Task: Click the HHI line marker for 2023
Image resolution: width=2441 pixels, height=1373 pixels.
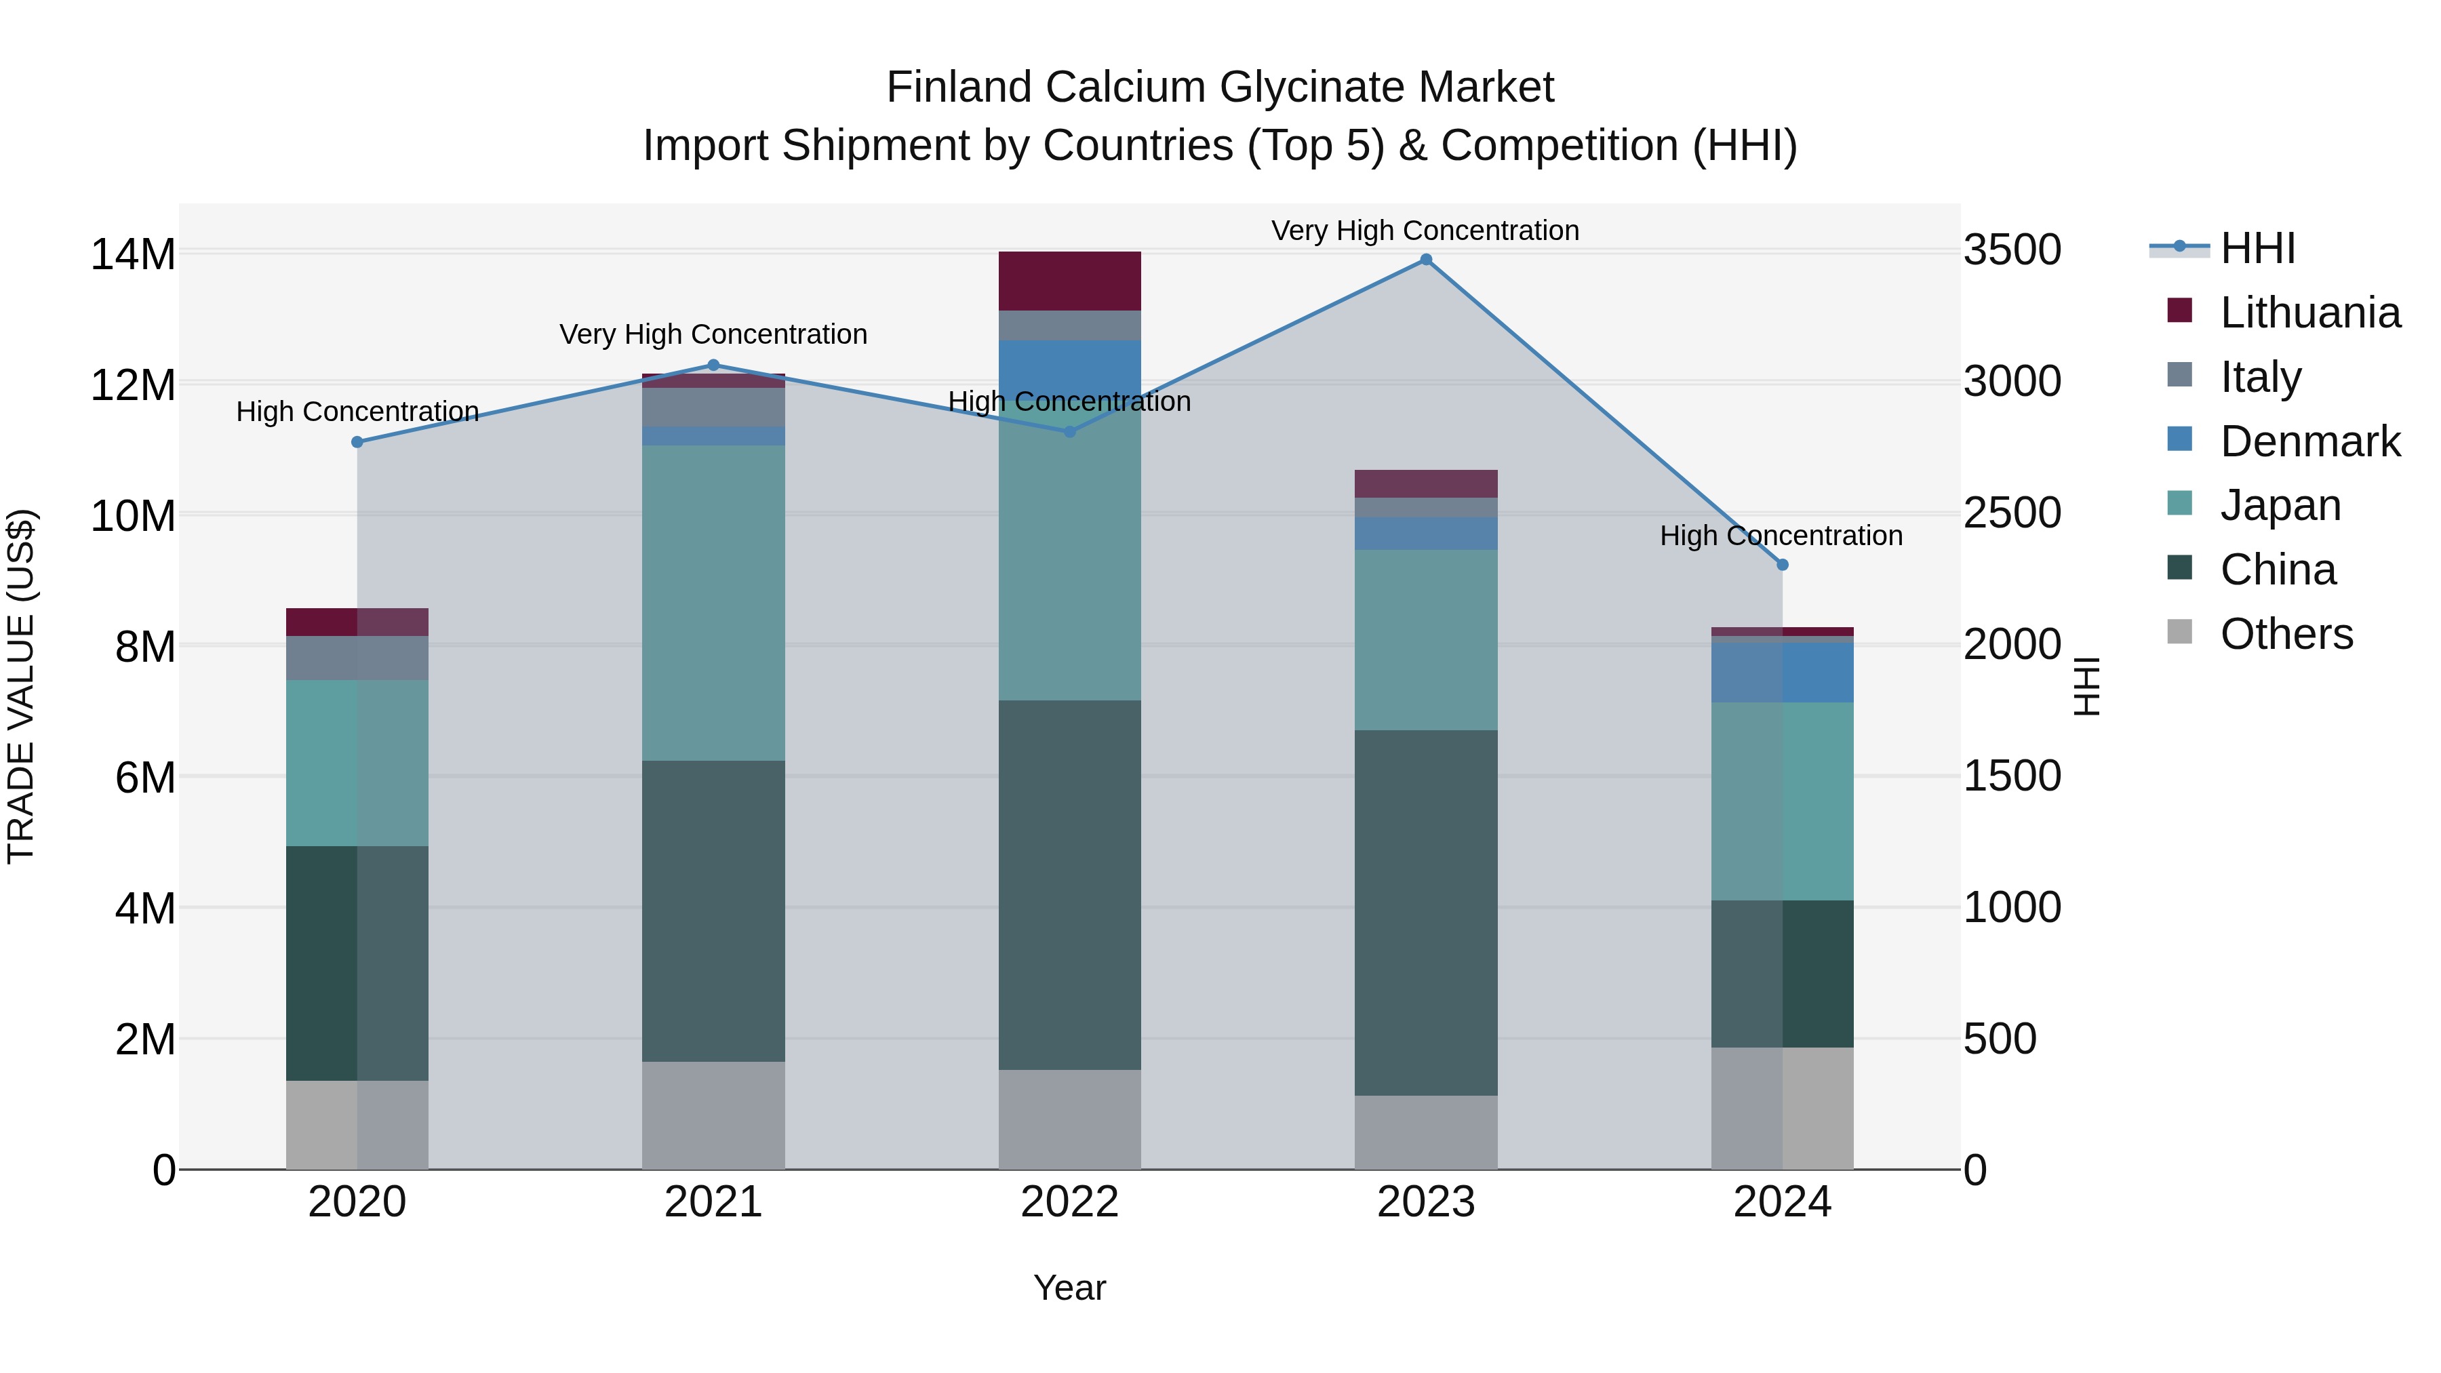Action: (1426, 260)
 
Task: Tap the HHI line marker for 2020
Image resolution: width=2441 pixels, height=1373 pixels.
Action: (357, 443)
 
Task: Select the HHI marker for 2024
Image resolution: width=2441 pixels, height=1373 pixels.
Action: (1783, 565)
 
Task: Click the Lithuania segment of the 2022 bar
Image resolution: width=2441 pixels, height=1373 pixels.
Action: (1070, 281)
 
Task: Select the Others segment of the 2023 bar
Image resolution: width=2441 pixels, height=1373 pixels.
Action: (1426, 1132)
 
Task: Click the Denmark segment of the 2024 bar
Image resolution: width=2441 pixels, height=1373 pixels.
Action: (1783, 672)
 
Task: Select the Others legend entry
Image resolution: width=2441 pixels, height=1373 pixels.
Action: (2286, 634)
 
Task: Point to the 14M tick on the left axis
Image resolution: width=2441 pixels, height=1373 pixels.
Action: (133, 254)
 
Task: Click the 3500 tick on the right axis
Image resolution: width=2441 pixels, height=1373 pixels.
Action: (2012, 250)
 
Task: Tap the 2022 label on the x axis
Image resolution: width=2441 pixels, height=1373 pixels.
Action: (1070, 1202)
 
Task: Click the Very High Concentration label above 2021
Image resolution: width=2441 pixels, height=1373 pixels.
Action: (713, 334)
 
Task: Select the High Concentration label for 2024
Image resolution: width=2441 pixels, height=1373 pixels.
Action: (1781, 536)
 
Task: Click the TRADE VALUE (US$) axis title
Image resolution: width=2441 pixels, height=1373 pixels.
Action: (21, 686)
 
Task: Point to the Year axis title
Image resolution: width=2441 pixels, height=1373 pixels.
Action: (1070, 1288)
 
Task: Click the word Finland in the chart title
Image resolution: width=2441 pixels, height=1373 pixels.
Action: (959, 87)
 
